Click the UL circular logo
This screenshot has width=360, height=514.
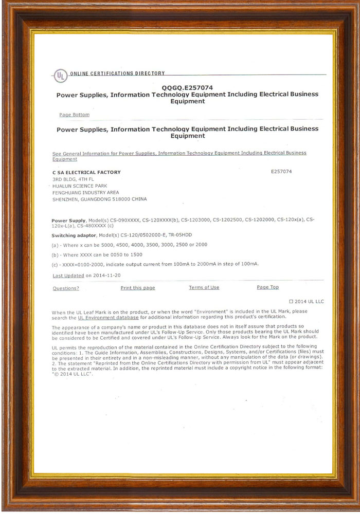click(x=61, y=77)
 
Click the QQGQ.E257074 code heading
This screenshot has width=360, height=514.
click(x=187, y=88)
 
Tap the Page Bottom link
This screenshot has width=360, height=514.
click(x=74, y=115)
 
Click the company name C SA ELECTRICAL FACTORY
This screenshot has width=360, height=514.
click(x=86, y=172)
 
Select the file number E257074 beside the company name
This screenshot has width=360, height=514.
click(x=281, y=172)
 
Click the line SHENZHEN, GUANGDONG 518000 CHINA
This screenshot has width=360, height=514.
click(x=99, y=199)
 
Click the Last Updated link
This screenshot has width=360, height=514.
click(x=68, y=276)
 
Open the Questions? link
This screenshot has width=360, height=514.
click(x=66, y=288)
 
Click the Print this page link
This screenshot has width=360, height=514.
click(x=138, y=288)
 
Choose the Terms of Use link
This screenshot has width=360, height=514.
click(x=204, y=287)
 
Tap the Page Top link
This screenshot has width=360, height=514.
click(x=267, y=287)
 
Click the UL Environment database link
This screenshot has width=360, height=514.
click(x=108, y=317)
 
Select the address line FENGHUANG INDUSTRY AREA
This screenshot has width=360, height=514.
click(x=85, y=192)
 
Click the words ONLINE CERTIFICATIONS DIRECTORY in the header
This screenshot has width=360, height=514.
click(x=117, y=74)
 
